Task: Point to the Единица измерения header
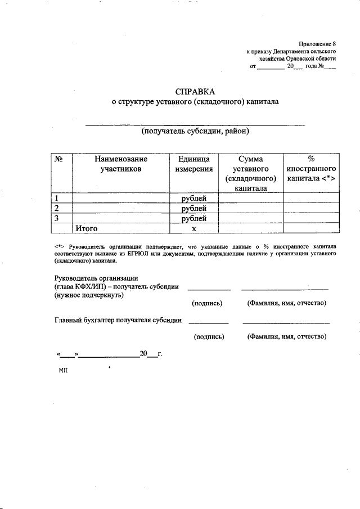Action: coord(193,164)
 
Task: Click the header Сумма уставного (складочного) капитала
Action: coord(250,173)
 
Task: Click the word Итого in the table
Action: coord(87,228)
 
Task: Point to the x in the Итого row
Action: coord(193,229)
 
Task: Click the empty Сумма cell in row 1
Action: coord(250,198)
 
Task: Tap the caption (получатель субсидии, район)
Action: coord(195,132)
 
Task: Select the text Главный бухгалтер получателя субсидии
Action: coord(118,321)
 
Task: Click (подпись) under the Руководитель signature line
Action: coord(207,303)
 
